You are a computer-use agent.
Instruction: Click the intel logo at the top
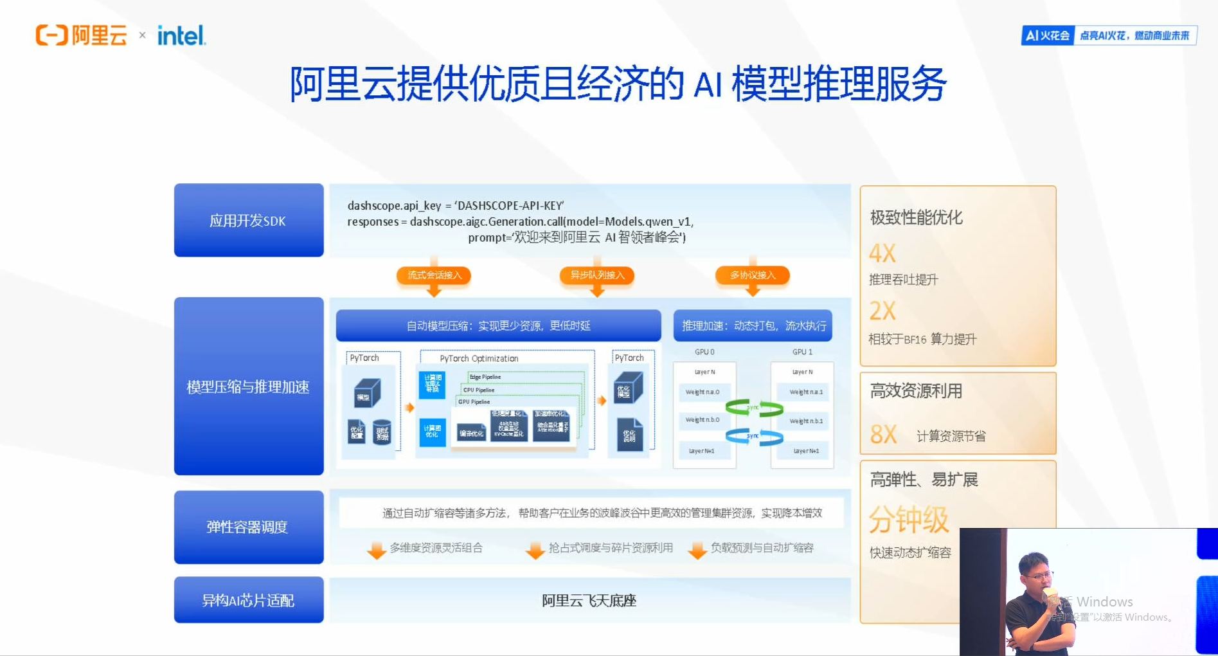click(x=181, y=35)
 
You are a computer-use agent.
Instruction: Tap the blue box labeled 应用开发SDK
click(x=249, y=221)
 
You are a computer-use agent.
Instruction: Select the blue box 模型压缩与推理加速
click(x=249, y=387)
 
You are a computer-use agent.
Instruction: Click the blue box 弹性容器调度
click(x=249, y=527)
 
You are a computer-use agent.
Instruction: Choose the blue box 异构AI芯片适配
click(x=249, y=600)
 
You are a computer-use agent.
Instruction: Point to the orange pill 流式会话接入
click(x=434, y=275)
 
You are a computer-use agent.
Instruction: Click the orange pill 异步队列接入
click(x=597, y=275)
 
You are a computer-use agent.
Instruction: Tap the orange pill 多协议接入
click(x=753, y=275)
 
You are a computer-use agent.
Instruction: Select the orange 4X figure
click(x=882, y=253)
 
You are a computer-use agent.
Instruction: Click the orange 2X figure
click(x=882, y=311)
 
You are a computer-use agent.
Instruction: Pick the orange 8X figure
click(x=884, y=435)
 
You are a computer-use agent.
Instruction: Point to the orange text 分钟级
click(x=909, y=520)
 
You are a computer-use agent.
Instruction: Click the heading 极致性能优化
click(x=917, y=217)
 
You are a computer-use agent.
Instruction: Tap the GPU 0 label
click(x=704, y=352)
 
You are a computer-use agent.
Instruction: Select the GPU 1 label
click(x=802, y=352)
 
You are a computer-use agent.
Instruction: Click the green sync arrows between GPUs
click(x=754, y=408)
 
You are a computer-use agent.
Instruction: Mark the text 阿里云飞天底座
click(x=589, y=601)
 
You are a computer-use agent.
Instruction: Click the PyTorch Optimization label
click(x=479, y=358)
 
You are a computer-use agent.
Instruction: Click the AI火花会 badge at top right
click(x=1048, y=35)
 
